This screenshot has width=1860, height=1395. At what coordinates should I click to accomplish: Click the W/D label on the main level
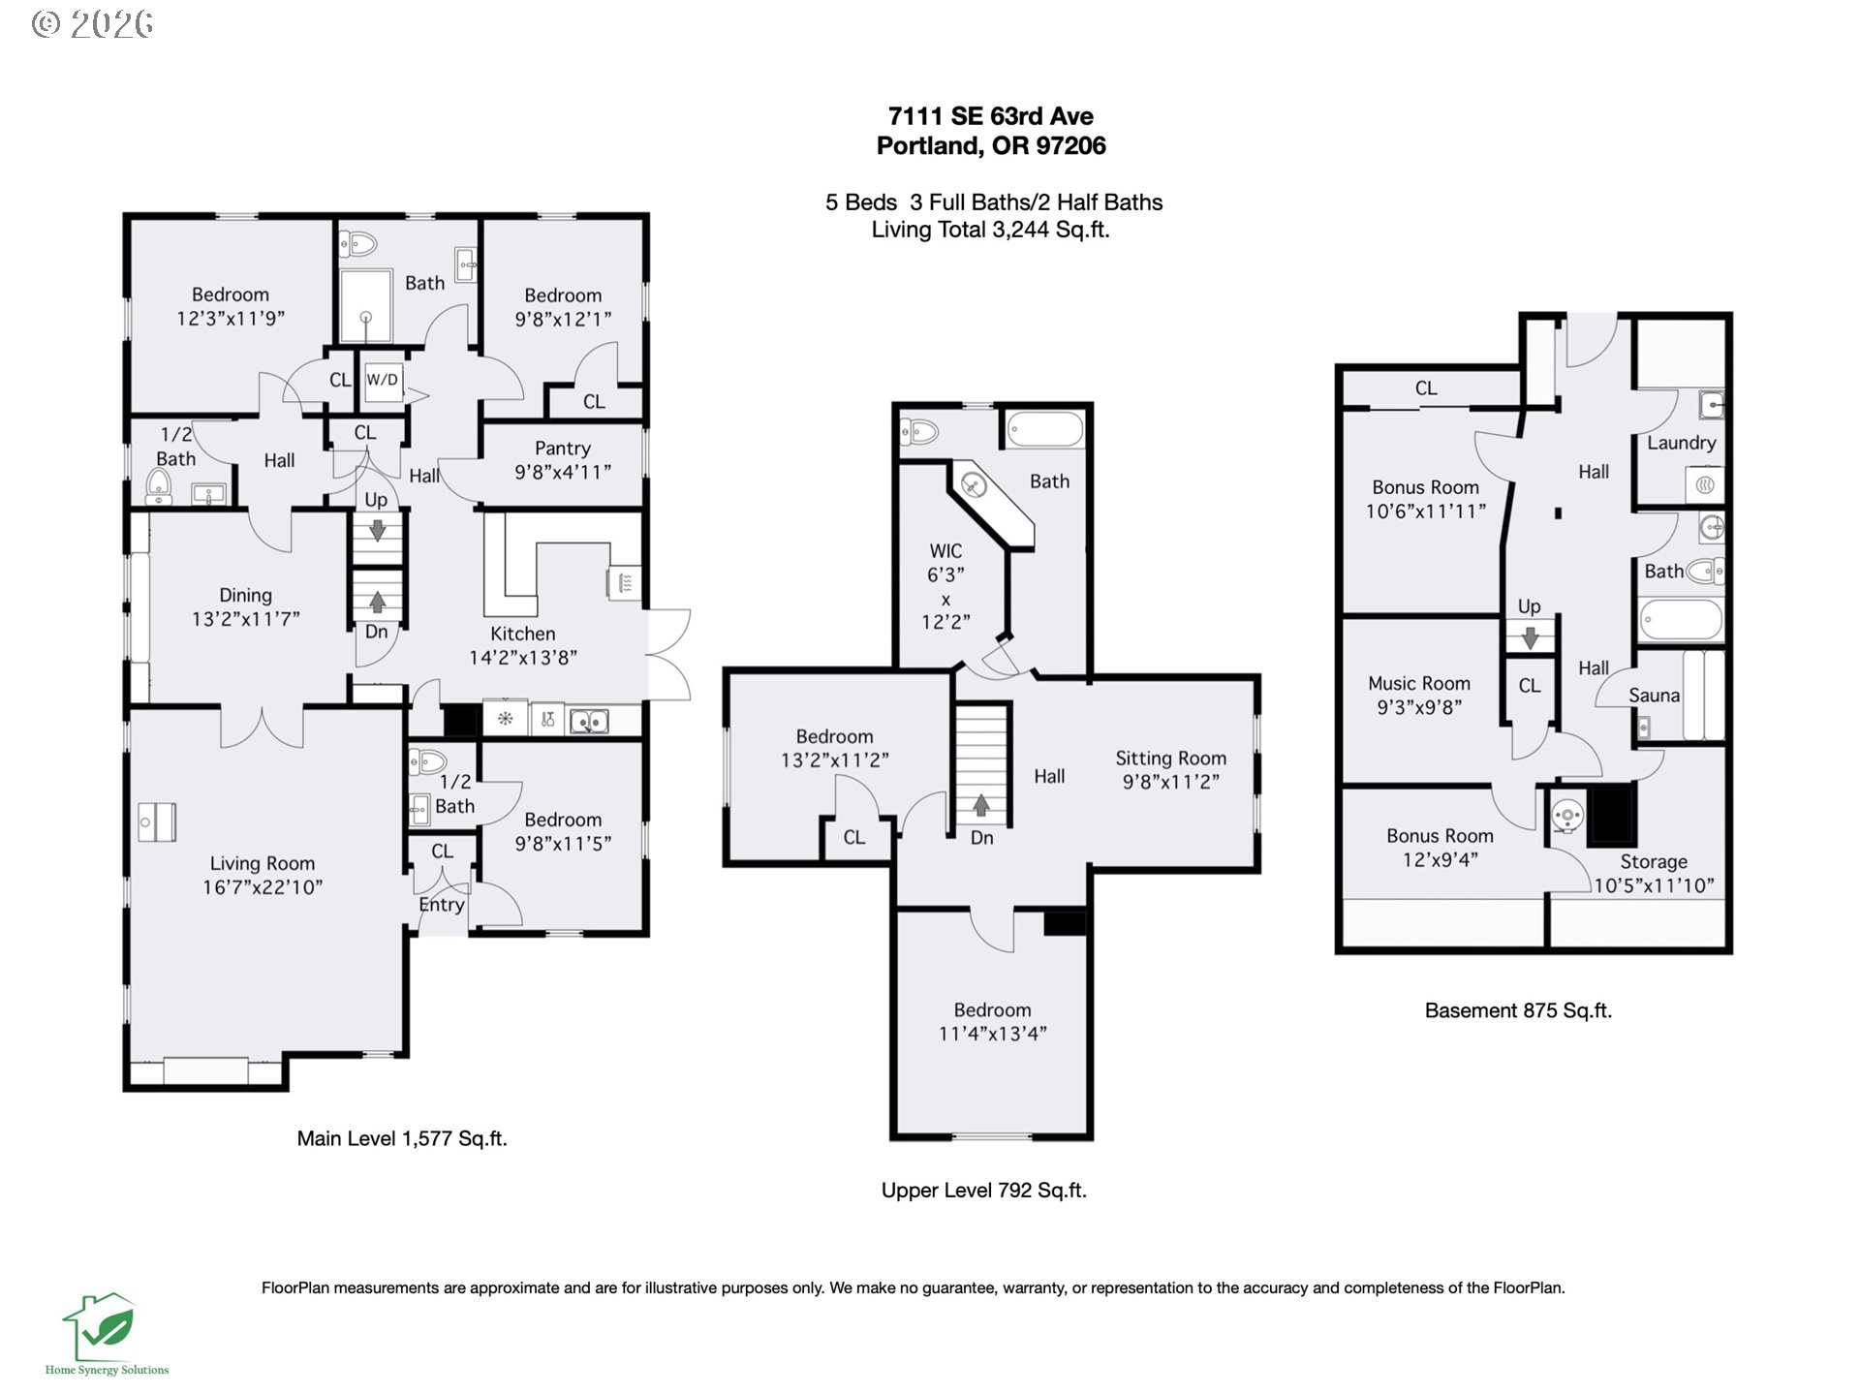(382, 380)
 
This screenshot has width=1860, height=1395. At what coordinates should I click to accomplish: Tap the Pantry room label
(562, 448)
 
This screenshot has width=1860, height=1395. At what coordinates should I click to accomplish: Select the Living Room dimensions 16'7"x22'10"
(263, 887)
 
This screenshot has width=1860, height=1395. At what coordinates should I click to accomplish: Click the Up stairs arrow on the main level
(377, 531)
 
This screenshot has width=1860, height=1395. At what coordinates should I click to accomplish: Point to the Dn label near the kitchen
(376, 632)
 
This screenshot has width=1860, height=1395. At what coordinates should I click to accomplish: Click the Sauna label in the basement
(1654, 695)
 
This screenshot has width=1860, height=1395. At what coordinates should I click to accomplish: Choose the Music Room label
(1418, 683)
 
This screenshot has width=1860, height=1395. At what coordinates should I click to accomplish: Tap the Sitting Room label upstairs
(1170, 759)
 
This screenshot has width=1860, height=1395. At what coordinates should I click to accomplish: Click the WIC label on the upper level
(945, 551)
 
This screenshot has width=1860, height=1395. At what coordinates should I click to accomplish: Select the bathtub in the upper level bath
(1044, 429)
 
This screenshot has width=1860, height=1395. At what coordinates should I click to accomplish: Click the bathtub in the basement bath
(1681, 620)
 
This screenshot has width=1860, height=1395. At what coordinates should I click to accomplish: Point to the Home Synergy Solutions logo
(106, 1334)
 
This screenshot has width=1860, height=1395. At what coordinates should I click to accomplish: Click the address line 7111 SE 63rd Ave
(991, 116)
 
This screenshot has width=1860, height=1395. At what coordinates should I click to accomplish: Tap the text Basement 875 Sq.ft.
(1518, 1010)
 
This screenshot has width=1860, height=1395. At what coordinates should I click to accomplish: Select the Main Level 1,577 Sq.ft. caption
(402, 1138)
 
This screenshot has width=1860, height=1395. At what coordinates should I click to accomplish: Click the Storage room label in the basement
(1654, 861)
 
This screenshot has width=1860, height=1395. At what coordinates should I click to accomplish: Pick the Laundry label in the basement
(1681, 443)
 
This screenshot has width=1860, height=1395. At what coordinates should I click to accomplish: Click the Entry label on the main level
(442, 905)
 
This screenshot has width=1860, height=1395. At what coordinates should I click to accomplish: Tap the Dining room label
(245, 596)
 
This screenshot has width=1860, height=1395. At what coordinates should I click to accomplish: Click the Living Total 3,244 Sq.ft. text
(990, 230)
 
